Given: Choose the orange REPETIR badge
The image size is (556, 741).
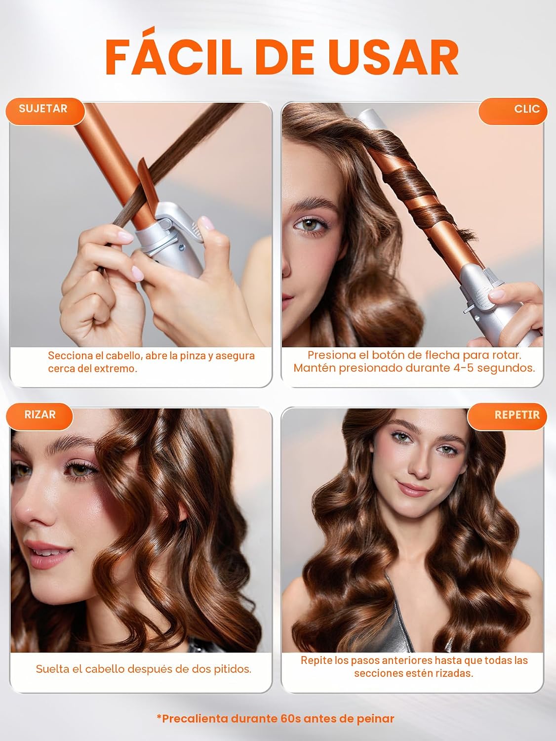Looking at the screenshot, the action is pyautogui.click(x=507, y=416).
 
